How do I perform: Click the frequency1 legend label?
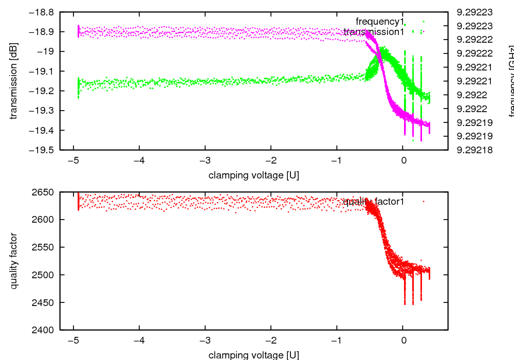point(376,22)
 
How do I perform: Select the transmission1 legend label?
point(374,32)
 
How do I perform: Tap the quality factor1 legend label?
point(374,202)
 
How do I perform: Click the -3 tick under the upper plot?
point(205,160)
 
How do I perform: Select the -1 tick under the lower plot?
point(337,340)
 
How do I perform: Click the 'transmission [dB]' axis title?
point(14,81)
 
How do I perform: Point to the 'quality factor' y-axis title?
point(14,261)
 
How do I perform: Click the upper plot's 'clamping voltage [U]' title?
point(253,175)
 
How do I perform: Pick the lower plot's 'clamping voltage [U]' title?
point(253,355)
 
